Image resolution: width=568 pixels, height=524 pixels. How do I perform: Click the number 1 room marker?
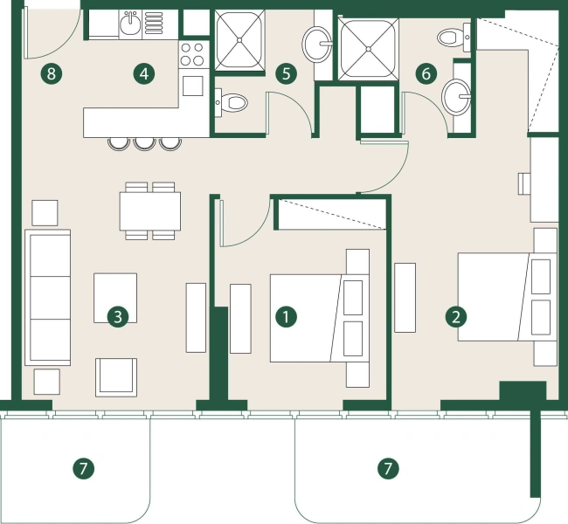[285, 316]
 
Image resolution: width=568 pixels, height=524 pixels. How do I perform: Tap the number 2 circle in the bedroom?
[455, 316]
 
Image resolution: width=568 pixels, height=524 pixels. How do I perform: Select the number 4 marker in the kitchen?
[145, 73]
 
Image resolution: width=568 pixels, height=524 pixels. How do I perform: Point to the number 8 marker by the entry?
[52, 73]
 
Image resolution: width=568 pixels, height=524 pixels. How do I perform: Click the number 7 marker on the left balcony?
[82, 469]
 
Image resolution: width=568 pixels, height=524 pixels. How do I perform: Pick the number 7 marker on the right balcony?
[387, 469]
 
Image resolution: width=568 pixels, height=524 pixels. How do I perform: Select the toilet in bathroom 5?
[232, 102]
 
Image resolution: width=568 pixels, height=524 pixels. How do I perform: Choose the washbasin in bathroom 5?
[317, 41]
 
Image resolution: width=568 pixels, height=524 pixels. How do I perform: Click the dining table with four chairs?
[150, 210]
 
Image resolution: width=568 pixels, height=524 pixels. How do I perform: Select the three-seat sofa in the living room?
[48, 298]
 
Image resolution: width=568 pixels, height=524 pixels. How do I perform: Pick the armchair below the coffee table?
[116, 376]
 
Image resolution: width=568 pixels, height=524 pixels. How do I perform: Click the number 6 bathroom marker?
[426, 73]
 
